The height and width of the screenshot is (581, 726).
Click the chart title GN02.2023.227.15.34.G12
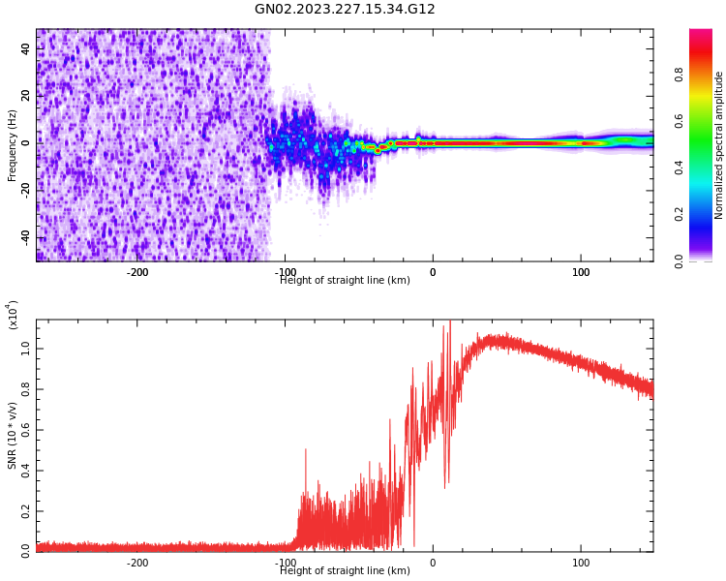[345, 10]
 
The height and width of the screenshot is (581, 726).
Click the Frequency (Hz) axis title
[13, 145]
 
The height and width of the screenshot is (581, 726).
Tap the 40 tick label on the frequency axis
[26, 48]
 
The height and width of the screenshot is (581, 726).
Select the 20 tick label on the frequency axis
[26, 95]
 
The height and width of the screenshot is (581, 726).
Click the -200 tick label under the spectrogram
[137, 272]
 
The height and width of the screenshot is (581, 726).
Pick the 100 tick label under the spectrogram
[581, 272]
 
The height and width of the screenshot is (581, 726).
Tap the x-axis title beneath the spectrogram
[345, 281]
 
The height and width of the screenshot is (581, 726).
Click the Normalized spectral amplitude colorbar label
[719, 145]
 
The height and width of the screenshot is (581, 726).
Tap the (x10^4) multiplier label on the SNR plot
[13, 315]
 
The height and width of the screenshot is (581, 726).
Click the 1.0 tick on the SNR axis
[26, 348]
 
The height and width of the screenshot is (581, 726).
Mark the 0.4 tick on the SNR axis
[26, 470]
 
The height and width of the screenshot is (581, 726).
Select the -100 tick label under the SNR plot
[286, 563]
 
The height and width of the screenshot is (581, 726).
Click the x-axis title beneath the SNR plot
[345, 571]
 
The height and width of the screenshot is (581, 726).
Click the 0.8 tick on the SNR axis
[26, 388]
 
